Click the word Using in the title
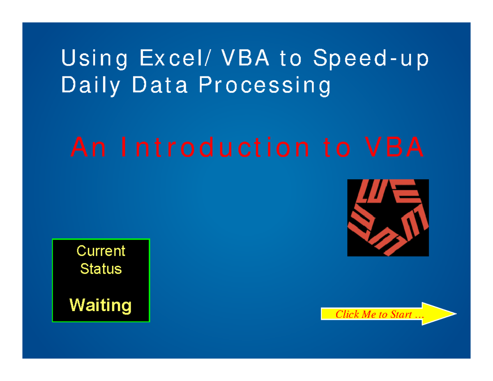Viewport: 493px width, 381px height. click(94, 58)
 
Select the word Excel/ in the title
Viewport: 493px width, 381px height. click(175, 58)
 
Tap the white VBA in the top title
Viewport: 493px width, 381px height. click(245, 58)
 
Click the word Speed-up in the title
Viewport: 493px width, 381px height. click(371, 59)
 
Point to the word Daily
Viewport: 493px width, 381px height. click(90, 86)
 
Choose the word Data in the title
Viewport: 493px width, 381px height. click(160, 84)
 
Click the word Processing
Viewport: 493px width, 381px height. click(265, 86)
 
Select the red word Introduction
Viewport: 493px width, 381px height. click(215, 147)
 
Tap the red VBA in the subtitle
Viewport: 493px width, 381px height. click(394, 147)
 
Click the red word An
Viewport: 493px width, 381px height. click(88, 147)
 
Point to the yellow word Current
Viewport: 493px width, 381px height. click(101, 251)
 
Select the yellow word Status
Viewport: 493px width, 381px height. click(101, 269)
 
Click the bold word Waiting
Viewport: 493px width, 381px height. click(100, 306)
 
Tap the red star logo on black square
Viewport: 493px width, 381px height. click(388, 218)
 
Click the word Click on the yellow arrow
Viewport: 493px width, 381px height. click(347, 314)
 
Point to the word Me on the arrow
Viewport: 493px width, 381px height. click(369, 314)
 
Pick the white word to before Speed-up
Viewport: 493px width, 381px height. click(291, 58)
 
